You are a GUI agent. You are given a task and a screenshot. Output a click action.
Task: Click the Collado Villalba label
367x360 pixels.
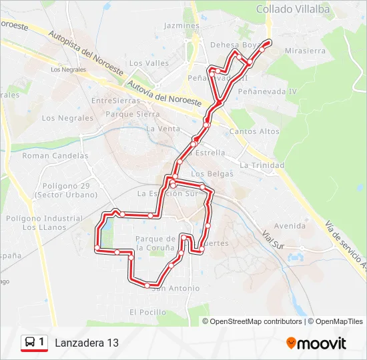(293, 9)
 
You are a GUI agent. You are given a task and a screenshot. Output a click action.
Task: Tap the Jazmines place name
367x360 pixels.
(181, 25)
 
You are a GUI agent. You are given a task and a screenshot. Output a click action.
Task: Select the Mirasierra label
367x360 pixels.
(304, 50)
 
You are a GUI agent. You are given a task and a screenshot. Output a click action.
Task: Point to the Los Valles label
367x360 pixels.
(149, 63)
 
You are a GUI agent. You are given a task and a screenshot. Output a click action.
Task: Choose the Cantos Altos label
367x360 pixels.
(254, 131)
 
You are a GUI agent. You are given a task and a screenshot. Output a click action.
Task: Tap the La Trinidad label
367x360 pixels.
(262, 165)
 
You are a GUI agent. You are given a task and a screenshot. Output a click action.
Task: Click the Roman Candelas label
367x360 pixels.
(55, 155)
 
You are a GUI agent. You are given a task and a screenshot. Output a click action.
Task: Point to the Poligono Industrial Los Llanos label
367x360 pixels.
(44, 223)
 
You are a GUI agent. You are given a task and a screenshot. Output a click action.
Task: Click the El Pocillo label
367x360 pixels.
(147, 311)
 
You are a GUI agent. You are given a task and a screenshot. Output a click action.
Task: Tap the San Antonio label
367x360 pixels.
(176, 288)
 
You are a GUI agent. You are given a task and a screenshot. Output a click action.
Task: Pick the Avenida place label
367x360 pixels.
(290, 225)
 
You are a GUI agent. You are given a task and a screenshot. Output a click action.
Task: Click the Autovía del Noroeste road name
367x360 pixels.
(163, 95)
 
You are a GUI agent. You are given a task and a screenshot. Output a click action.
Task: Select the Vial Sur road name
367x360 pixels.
(274, 241)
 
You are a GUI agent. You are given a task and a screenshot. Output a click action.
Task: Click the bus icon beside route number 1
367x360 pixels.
(30, 342)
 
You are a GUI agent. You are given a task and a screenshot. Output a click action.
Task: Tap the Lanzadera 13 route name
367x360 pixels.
(87, 343)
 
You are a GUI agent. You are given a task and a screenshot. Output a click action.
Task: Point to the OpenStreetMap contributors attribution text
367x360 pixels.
(256, 321)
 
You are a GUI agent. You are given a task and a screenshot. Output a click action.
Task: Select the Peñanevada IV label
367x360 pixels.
(266, 91)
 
